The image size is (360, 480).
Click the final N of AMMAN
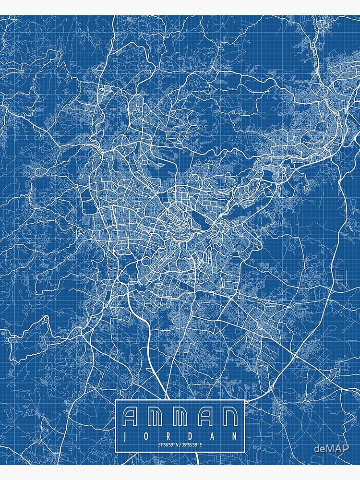[228, 417]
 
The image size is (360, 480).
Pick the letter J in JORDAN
[126, 437]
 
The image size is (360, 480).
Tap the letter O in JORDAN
[147, 437]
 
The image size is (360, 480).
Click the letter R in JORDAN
[169, 437]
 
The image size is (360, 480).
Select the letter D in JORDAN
[191, 437]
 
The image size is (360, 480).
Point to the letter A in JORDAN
[213, 437]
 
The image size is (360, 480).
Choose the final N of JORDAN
[234, 437]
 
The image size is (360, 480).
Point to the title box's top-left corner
[116, 400]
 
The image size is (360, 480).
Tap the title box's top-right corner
[244, 400]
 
